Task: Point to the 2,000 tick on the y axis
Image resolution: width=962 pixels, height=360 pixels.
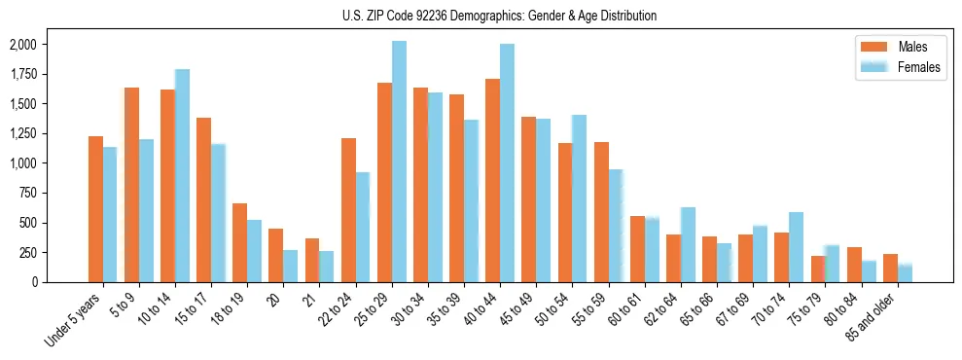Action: click(22, 45)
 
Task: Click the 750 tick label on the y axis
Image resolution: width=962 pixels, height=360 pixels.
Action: click(26, 193)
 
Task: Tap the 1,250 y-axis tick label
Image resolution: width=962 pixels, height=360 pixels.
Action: click(22, 133)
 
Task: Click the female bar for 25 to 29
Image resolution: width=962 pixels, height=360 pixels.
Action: click(399, 162)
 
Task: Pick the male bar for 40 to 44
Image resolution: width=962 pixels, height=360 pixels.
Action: click(493, 180)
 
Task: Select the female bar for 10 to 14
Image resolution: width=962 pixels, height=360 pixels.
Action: click(182, 175)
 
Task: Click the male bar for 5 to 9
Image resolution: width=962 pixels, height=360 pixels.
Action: click(131, 185)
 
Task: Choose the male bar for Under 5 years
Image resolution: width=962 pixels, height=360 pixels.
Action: click(95, 209)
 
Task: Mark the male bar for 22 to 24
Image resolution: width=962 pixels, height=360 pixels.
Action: click(348, 210)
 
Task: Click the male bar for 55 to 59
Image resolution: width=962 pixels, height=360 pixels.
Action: click(601, 212)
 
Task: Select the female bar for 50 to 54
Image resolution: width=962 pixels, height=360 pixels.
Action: click(580, 198)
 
